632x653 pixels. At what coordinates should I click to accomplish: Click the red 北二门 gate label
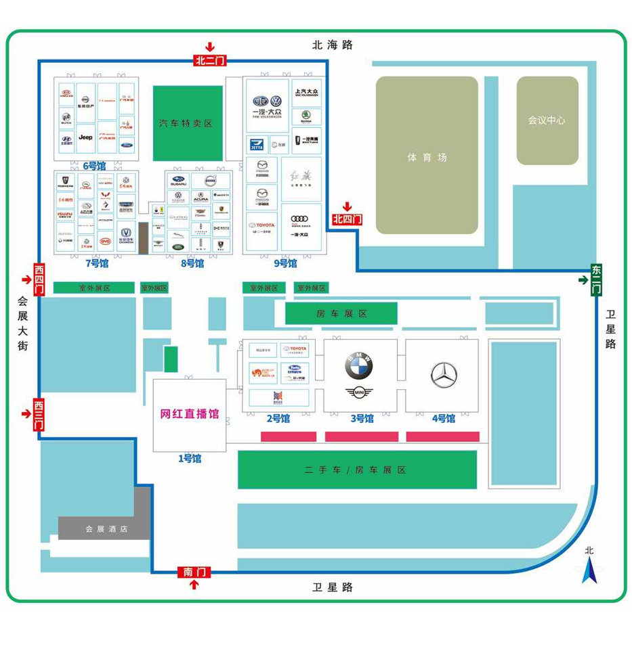pos(209,60)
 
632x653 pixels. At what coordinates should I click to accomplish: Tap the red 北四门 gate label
pos(347,219)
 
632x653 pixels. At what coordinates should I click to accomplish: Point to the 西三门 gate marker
pos(39,413)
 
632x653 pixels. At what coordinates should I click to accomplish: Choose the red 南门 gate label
pos(194,572)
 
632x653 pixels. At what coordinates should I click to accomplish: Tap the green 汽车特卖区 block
pos(187,123)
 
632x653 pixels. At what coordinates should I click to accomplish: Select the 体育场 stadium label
pos(427,157)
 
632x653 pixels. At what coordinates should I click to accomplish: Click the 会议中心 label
pos(547,120)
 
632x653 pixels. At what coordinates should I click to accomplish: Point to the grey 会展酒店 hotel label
pos(106,528)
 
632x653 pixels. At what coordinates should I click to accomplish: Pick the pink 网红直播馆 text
pos(190,414)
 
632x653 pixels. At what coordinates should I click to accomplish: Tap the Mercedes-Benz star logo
pos(444,375)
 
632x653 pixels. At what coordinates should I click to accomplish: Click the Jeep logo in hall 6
pos(85,137)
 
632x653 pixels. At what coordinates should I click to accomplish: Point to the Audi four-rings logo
pos(299,219)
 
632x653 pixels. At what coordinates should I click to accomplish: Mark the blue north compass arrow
pos(589,572)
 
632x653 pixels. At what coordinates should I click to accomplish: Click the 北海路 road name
pos(333,45)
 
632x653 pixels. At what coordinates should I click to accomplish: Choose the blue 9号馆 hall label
pos(286,263)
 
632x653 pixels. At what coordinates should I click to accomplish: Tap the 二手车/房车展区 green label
pos(356,470)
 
